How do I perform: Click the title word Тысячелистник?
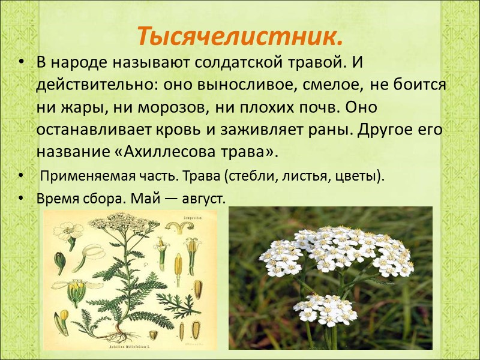tap(239, 37)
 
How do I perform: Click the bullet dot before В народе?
tap(22, 62)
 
